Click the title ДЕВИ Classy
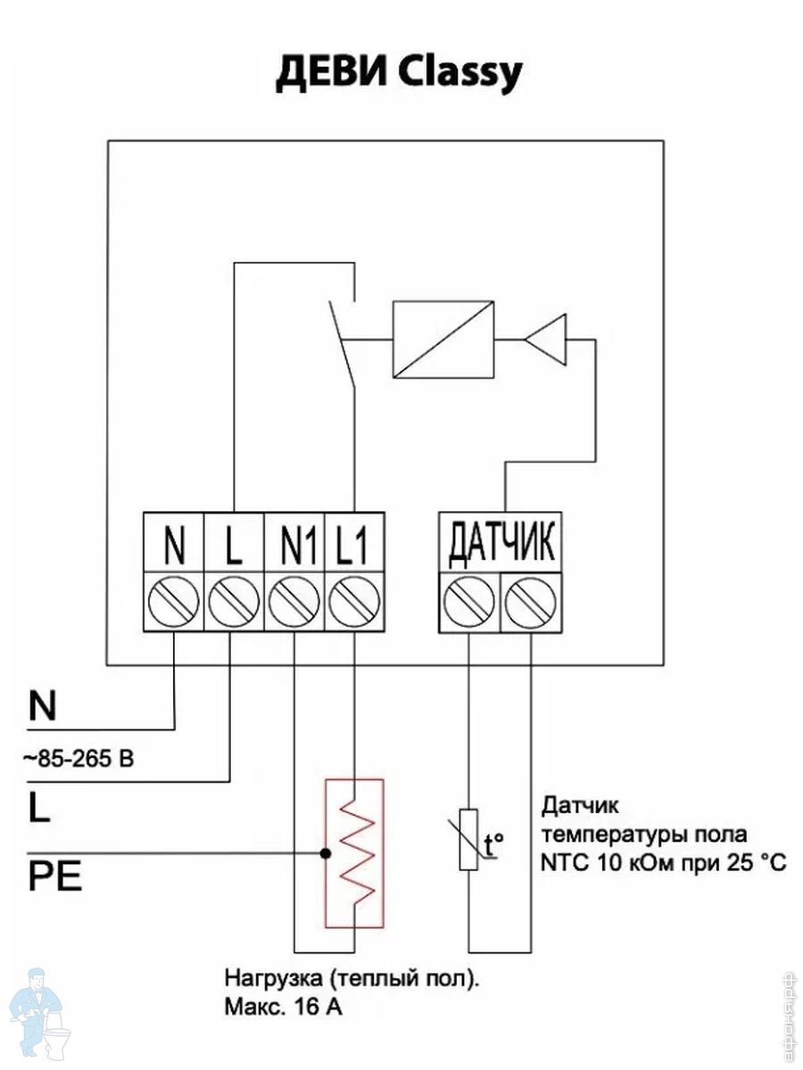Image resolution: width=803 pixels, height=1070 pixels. (399, 75)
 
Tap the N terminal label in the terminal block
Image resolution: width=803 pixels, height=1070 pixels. (175, 545)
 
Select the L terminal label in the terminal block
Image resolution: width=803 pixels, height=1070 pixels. (234, 545)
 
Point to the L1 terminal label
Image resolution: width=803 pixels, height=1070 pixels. (352, 545)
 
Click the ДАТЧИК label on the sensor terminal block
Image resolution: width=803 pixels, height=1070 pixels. (501, 545)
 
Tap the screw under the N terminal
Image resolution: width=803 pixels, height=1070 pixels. (174, 602)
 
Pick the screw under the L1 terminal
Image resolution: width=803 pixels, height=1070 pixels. (354, 602)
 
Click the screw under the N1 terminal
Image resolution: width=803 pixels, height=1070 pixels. (294, 602)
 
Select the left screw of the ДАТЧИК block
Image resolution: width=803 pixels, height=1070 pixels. (469, 603)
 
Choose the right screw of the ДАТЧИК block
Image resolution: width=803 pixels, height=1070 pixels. (531, 603)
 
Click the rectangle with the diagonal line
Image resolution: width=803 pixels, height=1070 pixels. (443, 340)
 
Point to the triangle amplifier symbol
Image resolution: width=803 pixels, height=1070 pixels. (545, 340)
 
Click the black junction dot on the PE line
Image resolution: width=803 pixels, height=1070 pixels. (326, 853)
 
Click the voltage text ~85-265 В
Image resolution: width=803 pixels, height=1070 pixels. (78, 759)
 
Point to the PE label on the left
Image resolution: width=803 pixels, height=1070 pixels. (55, 877)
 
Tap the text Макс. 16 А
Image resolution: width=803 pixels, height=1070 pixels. (283, 1007)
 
